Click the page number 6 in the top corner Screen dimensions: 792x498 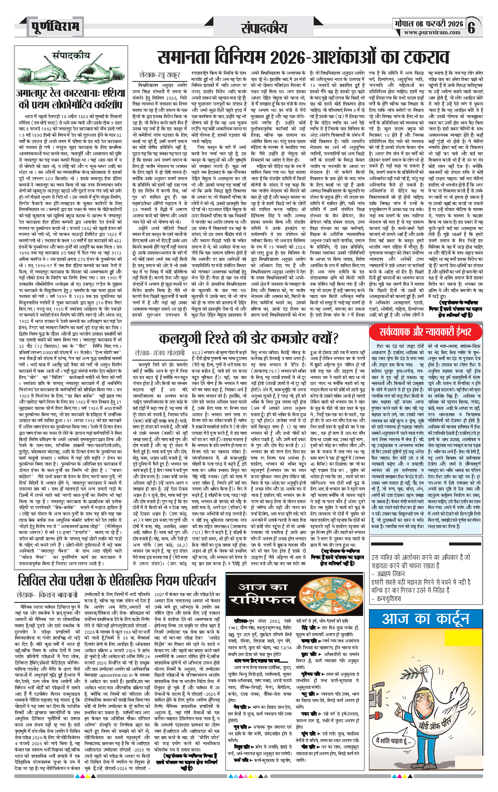[x=471, y=27]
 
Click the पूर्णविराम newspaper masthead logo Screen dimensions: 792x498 [x=55, y=27]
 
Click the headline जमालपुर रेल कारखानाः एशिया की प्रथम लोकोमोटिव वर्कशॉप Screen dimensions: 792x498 [x=70, y=98]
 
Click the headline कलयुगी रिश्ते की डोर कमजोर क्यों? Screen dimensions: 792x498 [x=249, y=338]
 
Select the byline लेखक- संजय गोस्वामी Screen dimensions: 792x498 [x=159, y=352]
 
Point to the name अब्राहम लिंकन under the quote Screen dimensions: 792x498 [x=388, y=574]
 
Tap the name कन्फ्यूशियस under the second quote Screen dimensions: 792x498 [x=388, y=598]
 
